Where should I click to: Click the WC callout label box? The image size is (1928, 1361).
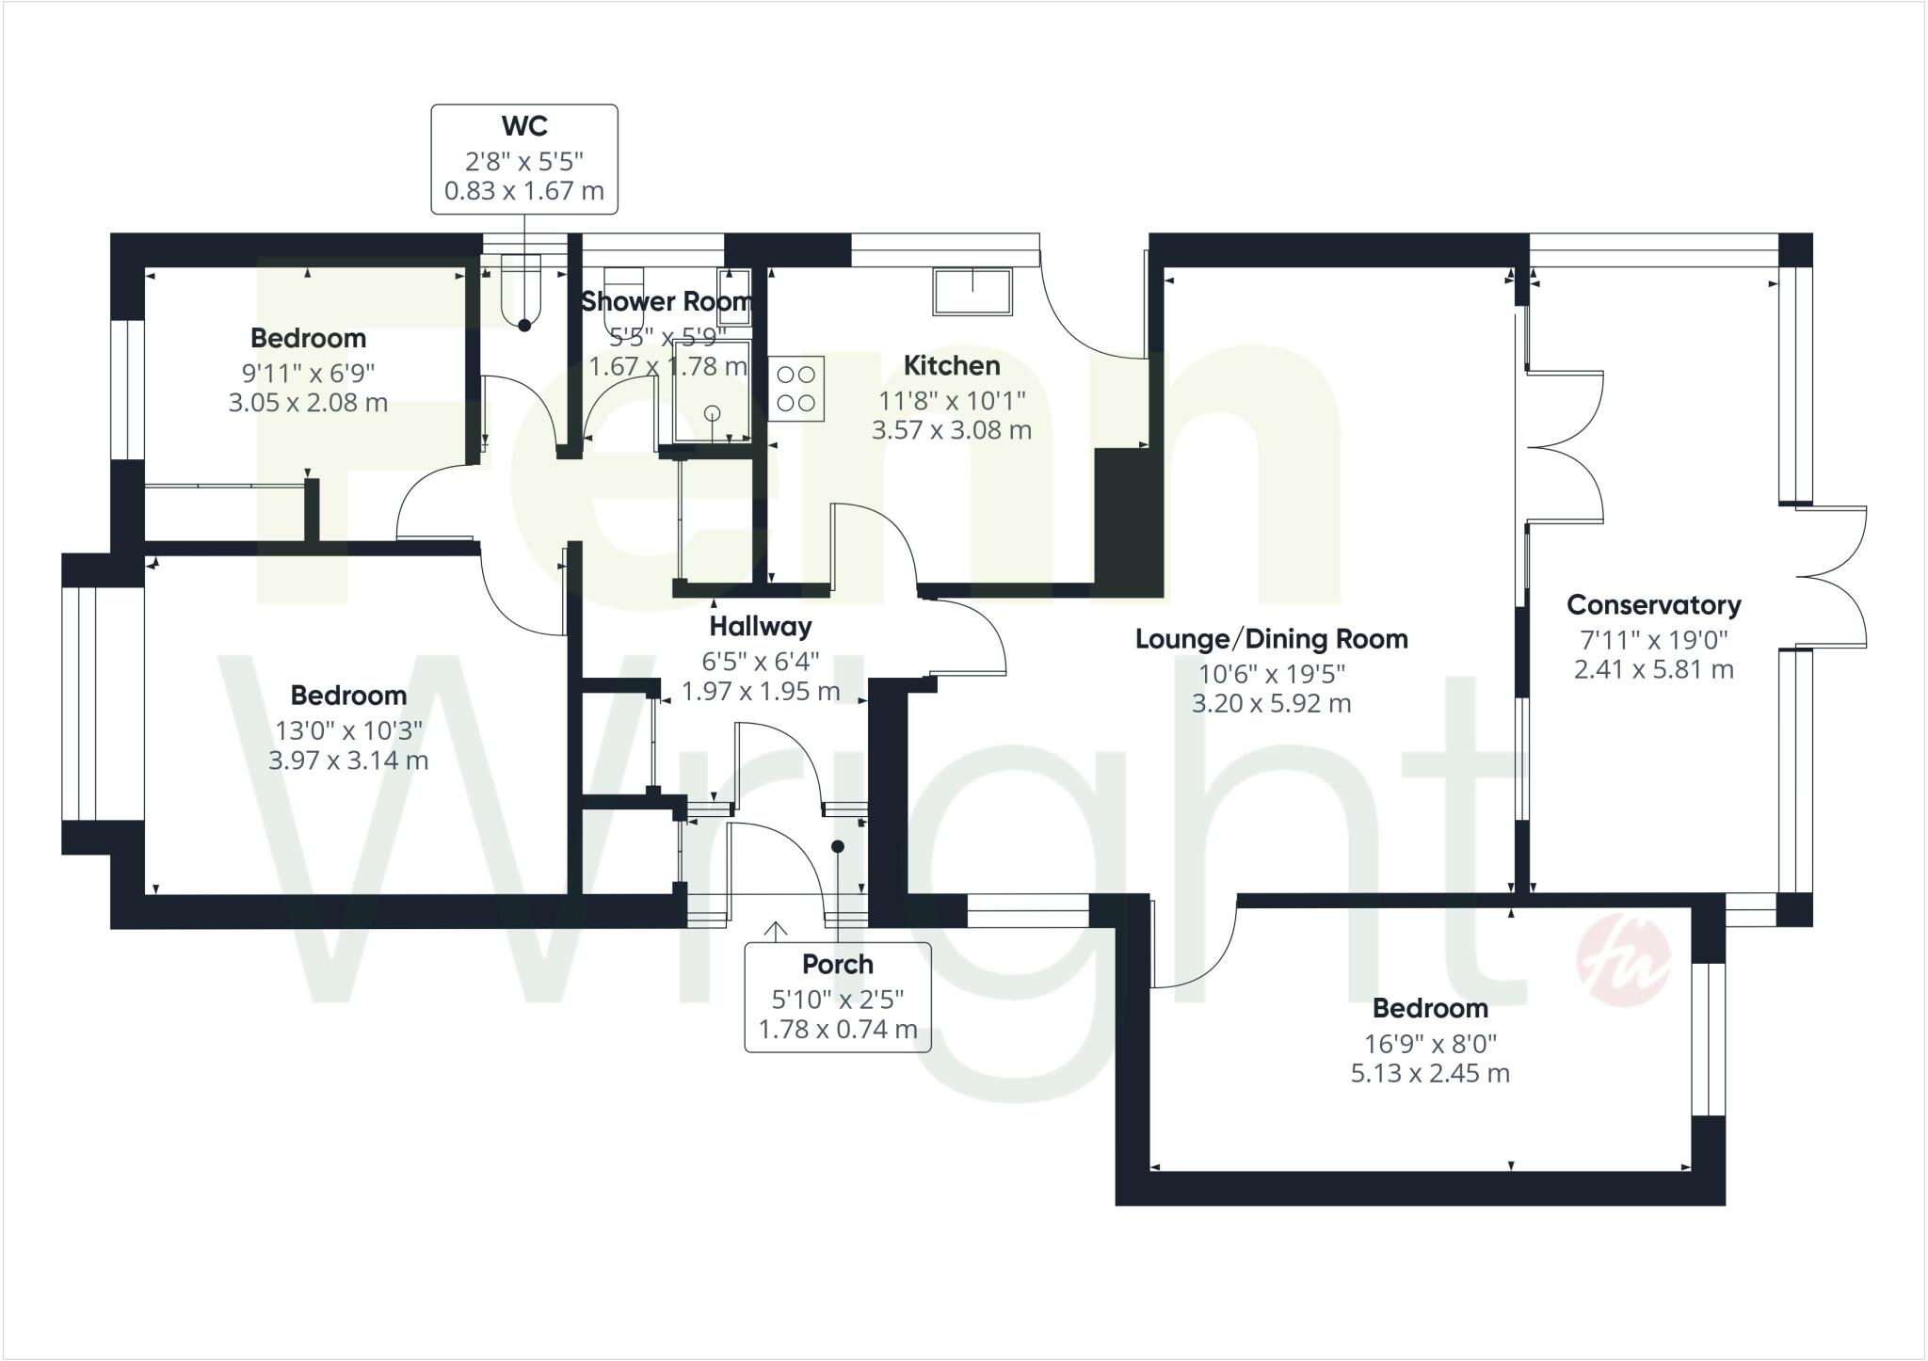click(524, 158)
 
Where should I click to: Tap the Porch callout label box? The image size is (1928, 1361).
click(837, 997)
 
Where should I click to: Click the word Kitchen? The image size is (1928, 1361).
click(951, 365)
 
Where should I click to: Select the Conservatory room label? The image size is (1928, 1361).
click(1653, 604)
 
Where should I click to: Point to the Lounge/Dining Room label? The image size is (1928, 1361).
click(1271, 639)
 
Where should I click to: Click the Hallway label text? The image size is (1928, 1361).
click(760, 626)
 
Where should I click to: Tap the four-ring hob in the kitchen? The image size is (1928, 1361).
click(796, 388)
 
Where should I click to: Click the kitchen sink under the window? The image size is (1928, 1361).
click(972, 291)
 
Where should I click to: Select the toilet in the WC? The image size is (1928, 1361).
click(522, 287)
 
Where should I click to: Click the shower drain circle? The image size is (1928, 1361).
click(712, 412)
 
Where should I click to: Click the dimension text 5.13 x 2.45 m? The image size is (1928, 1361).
click(1430, 1073)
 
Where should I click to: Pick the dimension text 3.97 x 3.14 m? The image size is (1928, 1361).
click(348, 761)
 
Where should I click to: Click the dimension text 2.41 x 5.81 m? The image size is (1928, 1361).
click(1653, 670)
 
